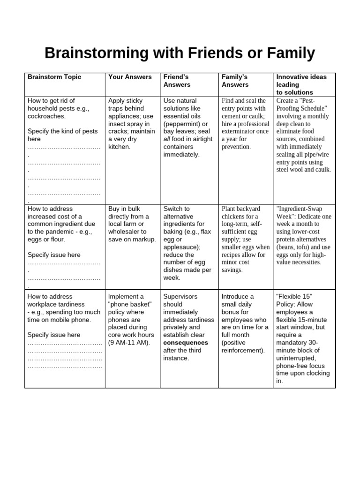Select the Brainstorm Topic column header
click(54, 77)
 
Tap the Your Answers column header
click(130, 77)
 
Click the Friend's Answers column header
click(177, 81)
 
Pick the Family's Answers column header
click(235, 81)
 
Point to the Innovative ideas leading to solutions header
click(301, 84)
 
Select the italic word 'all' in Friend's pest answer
click(168, 139)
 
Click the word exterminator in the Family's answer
click(239, 131)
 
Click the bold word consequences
click(186, 343)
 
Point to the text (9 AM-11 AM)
click(129, 343)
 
